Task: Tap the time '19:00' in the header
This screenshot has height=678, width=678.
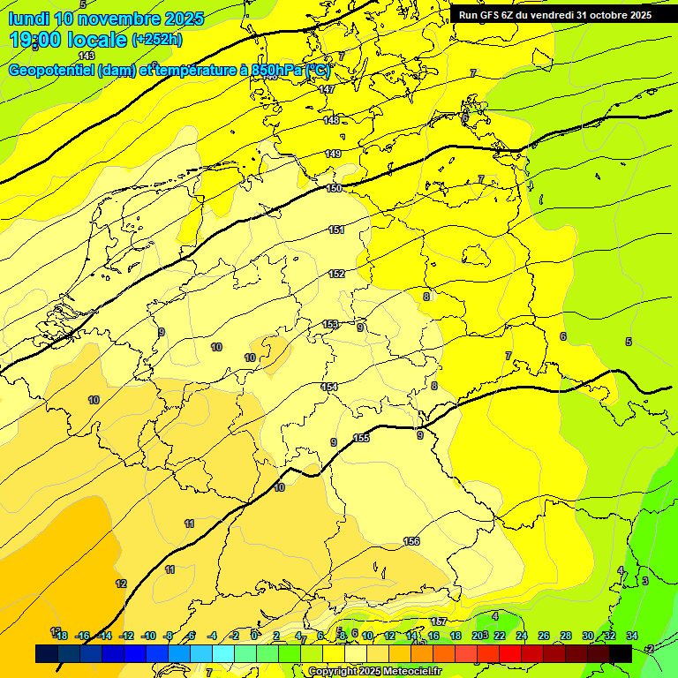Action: coord(38,40)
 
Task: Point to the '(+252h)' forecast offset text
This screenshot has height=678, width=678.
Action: coord(156,40)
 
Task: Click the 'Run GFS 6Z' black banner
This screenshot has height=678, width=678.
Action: coord(554,14)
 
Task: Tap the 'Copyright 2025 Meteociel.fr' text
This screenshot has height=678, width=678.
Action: coord(374,671)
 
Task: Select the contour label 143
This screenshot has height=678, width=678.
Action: coord(86,56)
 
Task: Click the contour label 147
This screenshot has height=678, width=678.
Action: coord(328,90)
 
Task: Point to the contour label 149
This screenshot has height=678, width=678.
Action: coord(333,154)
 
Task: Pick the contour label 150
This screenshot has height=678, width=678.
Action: coord(335,188)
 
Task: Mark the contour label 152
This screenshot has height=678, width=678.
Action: coord(336,275)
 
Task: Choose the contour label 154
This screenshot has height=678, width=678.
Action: coord(329,388)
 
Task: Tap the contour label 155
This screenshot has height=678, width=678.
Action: coord(361,439)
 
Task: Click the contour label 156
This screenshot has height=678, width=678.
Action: coord(411,541)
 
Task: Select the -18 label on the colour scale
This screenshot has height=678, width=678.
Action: coord(61,636)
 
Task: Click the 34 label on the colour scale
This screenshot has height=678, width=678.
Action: coord(632,636)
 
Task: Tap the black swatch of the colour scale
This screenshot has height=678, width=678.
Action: coord(621,653)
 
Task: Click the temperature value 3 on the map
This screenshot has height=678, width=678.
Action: coord(644,581)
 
